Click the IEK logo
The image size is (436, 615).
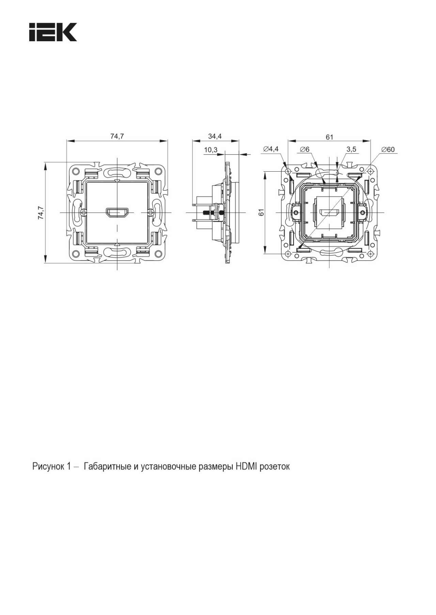click(x=53, y=32)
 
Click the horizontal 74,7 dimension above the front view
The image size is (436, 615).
click(x=117, y=136)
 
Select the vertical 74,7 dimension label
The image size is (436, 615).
click(x=41, y=212)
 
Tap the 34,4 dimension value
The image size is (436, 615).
click(x=215, y=136)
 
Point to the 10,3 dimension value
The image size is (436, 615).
click(x=211, y=150)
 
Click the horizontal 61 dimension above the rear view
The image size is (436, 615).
click(x=329, y=137)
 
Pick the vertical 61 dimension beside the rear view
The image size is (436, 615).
click(x=262, y=212)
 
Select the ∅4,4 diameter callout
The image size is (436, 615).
click(x=271, y=149)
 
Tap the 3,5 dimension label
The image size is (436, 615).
click(x=351, y=149)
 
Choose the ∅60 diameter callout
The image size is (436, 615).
click(x=388, y=149)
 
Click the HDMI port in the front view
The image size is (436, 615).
click(x=117, y=212)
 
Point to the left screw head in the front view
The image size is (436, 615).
click(x=84, y=212)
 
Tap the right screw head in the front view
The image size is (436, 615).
click(x=150, y=212)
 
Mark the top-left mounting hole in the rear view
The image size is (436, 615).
click(x=288, y=171)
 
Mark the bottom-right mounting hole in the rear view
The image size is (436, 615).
click(x=370, y=254)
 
